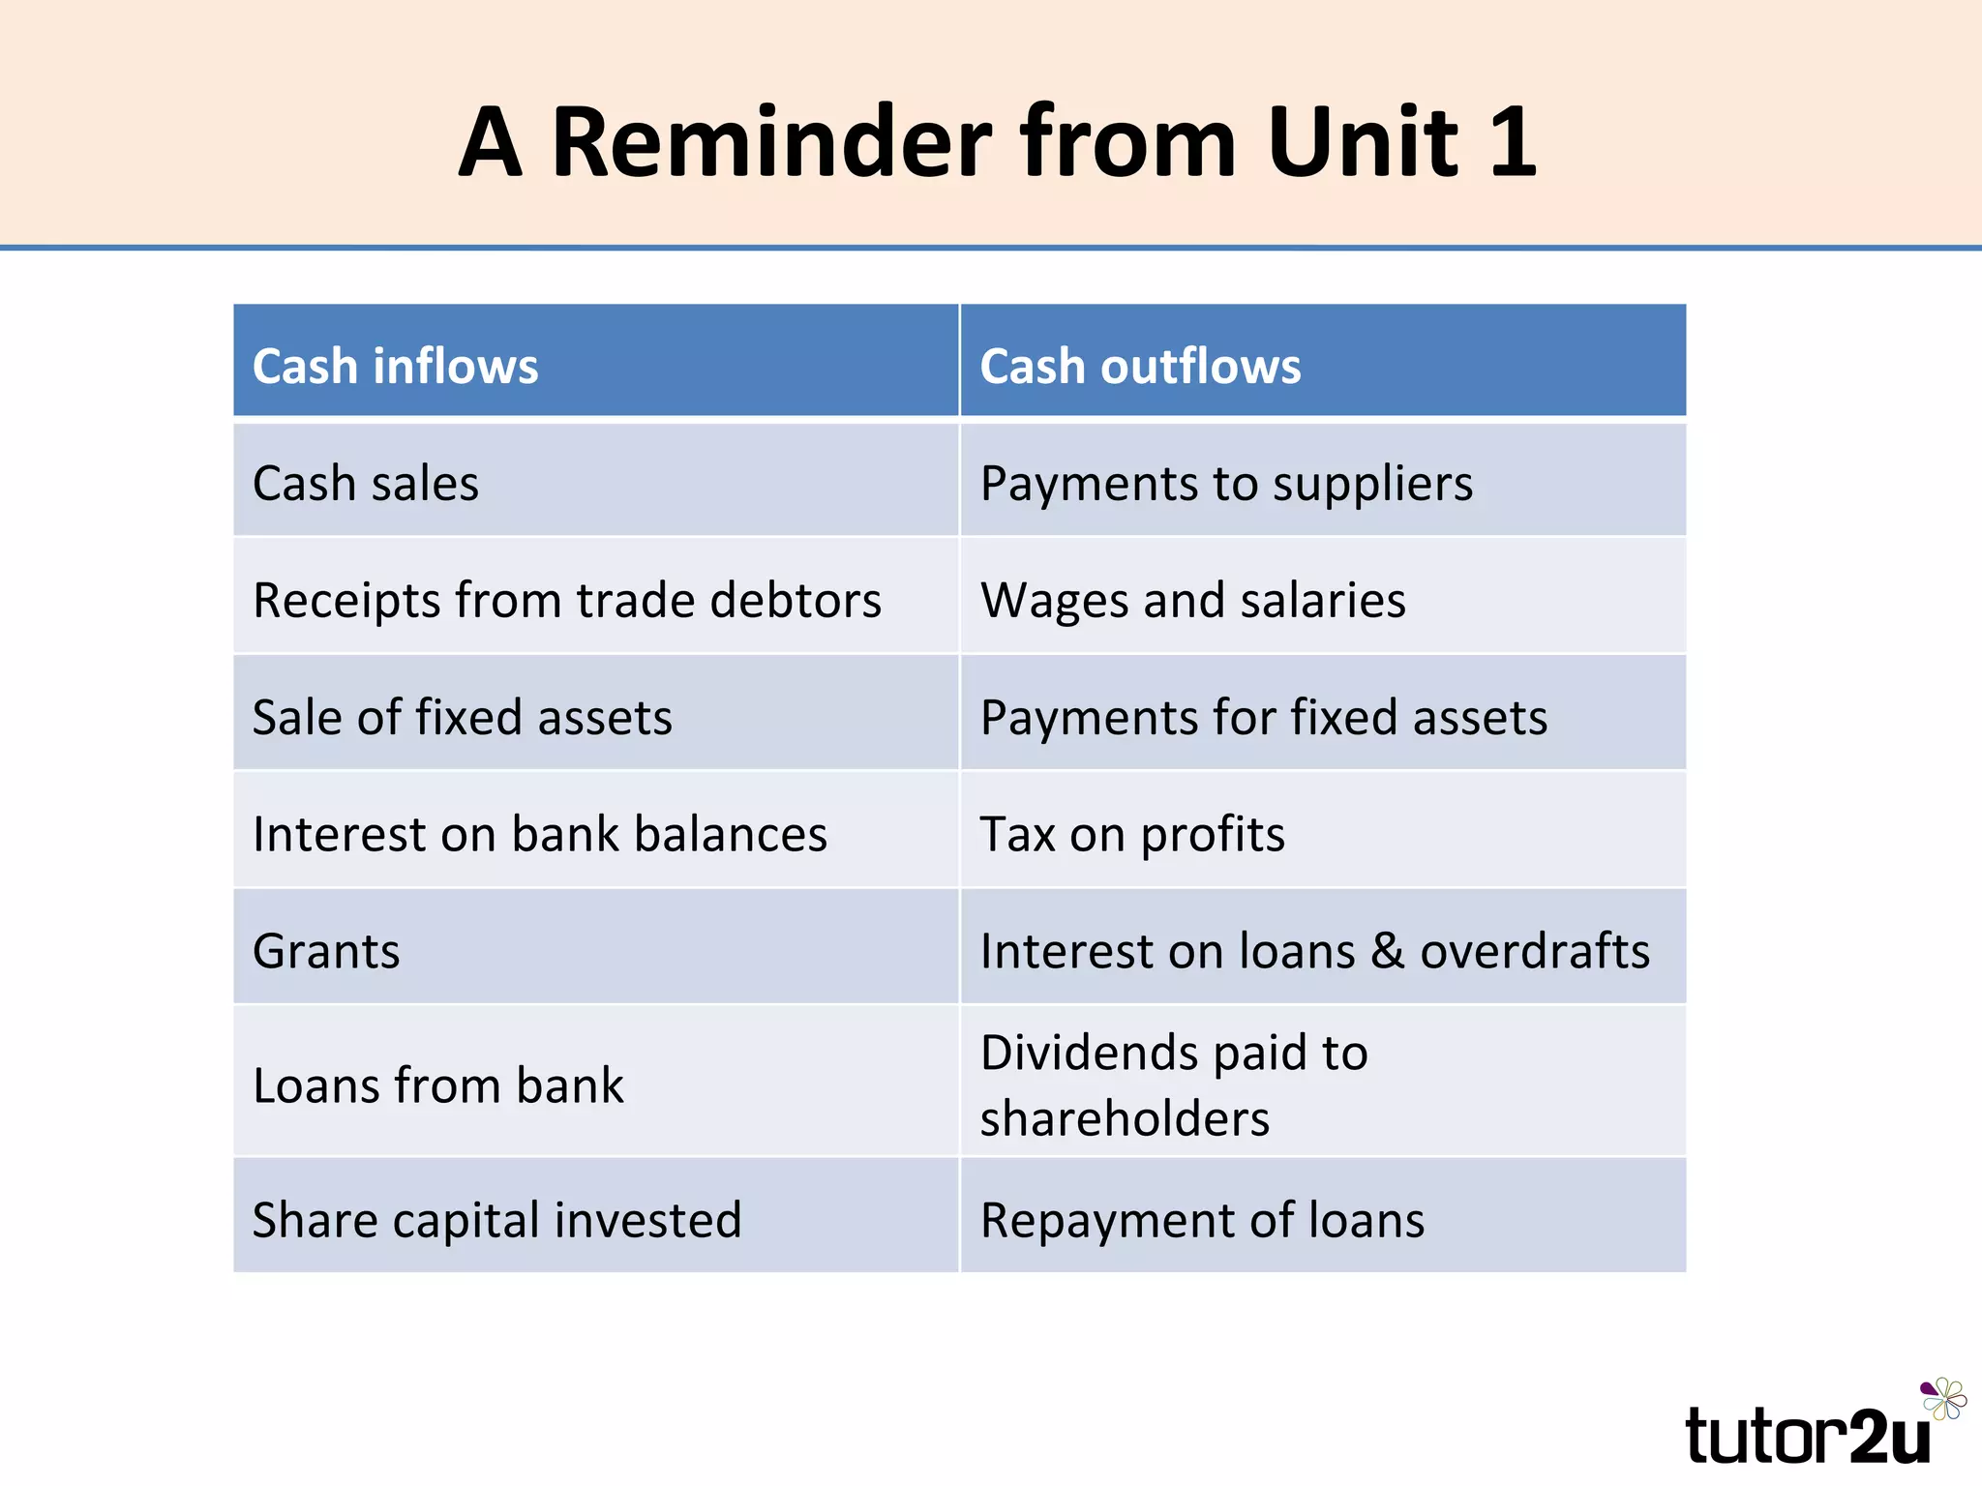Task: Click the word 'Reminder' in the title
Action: [x=772, y=142]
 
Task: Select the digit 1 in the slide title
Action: [x=1513, y=142]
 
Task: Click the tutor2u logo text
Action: [x=1807, y=1436]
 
